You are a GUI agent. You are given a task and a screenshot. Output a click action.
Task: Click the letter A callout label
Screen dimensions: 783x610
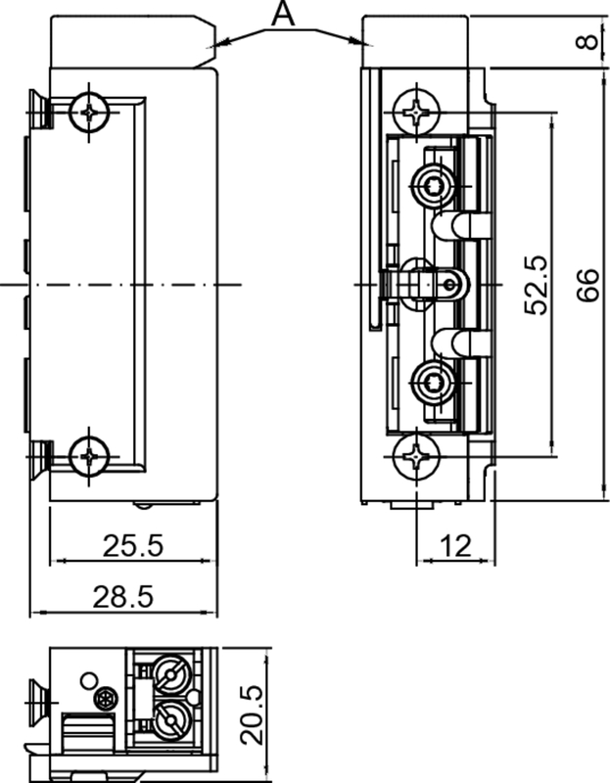[x=282, y=14]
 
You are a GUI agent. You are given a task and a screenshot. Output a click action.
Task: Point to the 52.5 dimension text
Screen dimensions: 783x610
[x=536, y=284]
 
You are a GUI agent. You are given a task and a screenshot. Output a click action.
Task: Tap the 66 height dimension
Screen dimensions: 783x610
[x=586, y=284]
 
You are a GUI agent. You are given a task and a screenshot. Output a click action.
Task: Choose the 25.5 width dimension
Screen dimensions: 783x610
[x=133, y=546]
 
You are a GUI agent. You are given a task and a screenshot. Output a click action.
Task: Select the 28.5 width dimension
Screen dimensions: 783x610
[x=123, y=596]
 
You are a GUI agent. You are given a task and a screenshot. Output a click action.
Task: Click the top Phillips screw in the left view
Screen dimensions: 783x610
[x=91, y=114]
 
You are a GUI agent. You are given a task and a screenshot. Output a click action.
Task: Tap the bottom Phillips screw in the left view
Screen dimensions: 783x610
[x=91, y=455]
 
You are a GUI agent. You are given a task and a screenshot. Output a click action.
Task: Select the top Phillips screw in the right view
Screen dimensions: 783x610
[x=417, y=111]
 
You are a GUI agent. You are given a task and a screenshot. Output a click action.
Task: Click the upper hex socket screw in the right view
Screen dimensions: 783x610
[x=432, y=182]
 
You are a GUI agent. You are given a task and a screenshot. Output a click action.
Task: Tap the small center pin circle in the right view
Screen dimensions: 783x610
[x=449, y=286]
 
